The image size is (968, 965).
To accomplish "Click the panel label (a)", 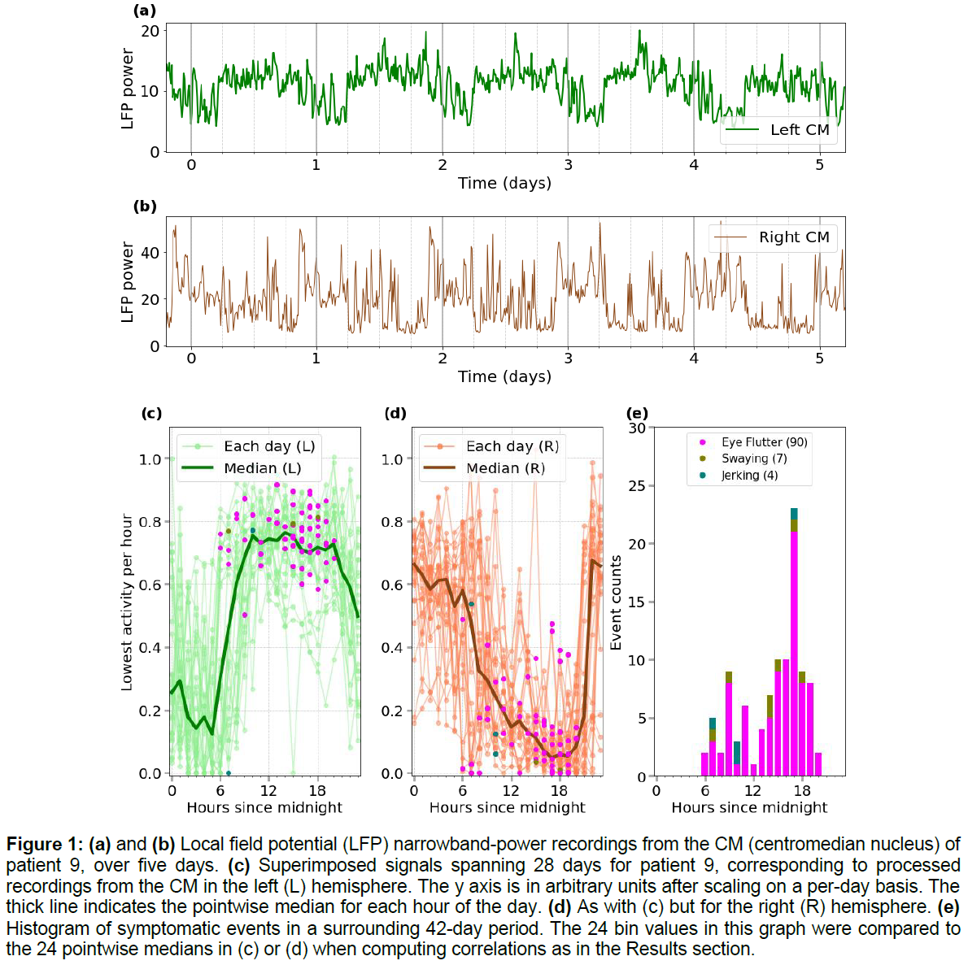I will pyautogui.click(x=145, y=11).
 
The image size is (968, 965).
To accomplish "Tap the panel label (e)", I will pyautogui.click(x=637, y=413).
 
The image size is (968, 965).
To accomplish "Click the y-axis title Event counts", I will pyautogui.click(x=616, y=602).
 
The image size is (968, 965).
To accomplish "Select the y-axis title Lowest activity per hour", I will pyautogui.click(x=127, y=602).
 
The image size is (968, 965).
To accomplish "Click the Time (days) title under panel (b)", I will pyautogui.click(x=504, y=376).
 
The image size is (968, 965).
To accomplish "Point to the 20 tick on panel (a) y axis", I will pyautogui.click(x=150, y=31).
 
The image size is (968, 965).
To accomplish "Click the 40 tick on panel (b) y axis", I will pyautogui.click(x=150, y=253).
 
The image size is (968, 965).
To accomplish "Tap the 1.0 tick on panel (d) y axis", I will pyautogui.click(x=392, y=459).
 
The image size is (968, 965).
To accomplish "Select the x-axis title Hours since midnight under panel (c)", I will pyautogui.click(x=264, y=807).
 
